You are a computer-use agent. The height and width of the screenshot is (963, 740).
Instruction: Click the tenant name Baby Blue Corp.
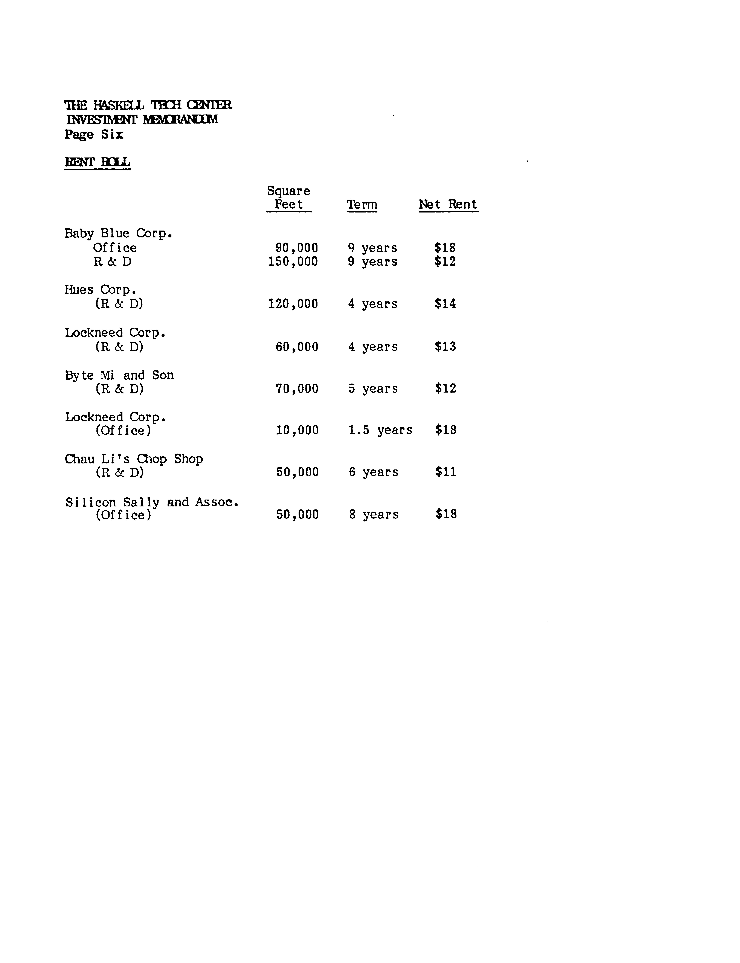(118, 234)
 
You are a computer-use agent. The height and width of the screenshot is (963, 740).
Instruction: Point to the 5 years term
(373, 388)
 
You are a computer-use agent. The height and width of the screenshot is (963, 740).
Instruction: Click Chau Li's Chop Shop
(133, 459)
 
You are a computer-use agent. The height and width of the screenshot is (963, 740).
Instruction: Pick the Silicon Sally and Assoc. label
(151, 502)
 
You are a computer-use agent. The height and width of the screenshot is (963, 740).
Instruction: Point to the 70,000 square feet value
(297, 388)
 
